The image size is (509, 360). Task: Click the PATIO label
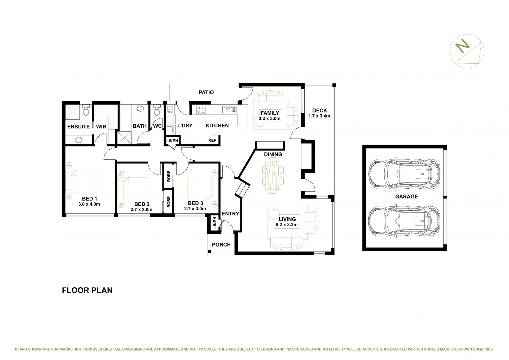206,92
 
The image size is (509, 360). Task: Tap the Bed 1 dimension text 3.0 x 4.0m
89,204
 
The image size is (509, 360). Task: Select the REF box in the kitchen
212,140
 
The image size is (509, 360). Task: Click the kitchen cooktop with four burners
201,110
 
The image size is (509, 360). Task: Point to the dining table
273,175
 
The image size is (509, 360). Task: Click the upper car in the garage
404,174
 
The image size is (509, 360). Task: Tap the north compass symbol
467,51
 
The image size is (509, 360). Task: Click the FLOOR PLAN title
87,290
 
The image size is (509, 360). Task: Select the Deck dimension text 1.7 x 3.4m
319,116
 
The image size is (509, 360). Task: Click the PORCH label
221,245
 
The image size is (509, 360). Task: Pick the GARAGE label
406,197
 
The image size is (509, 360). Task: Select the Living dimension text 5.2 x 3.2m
287,225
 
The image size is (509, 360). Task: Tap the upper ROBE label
169,176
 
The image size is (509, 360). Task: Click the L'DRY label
185,125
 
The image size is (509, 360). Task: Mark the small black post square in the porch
210,251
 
